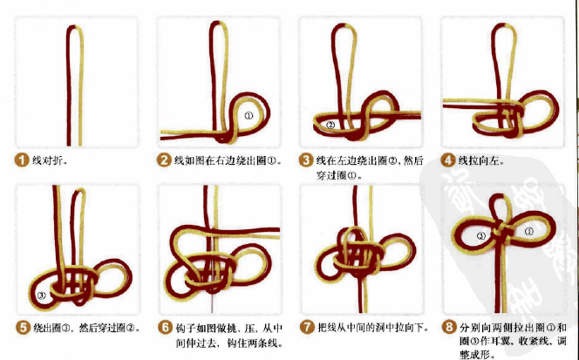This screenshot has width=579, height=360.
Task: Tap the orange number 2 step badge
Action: point(163,160)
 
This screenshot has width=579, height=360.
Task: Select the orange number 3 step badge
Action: point(305,160)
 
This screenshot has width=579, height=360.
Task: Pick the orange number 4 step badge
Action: point(447,160)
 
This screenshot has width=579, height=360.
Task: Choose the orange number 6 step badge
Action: point(163,327)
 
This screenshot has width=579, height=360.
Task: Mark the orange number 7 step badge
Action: point(305,327)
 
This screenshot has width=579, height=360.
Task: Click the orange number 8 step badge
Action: point(447,327)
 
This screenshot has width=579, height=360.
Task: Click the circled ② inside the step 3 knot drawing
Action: point(330,125)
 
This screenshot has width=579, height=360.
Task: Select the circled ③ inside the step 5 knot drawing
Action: point(42,295)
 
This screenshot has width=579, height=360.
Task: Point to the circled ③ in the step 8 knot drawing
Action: point(480,235)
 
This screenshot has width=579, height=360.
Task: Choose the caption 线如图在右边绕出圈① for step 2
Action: point(227,160)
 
